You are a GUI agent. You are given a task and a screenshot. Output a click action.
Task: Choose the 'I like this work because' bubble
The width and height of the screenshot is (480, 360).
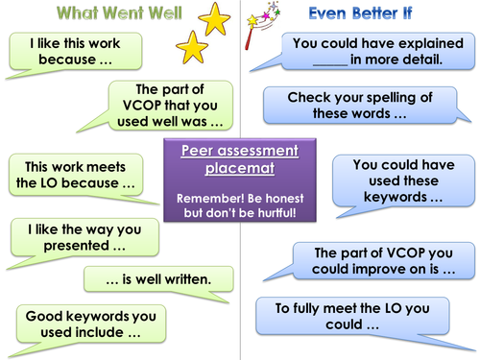[x=73, y=52]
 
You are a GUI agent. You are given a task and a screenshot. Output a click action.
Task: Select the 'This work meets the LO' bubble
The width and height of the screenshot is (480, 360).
[x=75, y=174]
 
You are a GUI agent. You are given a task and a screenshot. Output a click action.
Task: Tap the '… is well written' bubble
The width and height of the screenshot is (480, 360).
[x=158, y=279]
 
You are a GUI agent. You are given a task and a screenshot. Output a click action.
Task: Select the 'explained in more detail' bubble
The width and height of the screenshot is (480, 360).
[x=367, y=51]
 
